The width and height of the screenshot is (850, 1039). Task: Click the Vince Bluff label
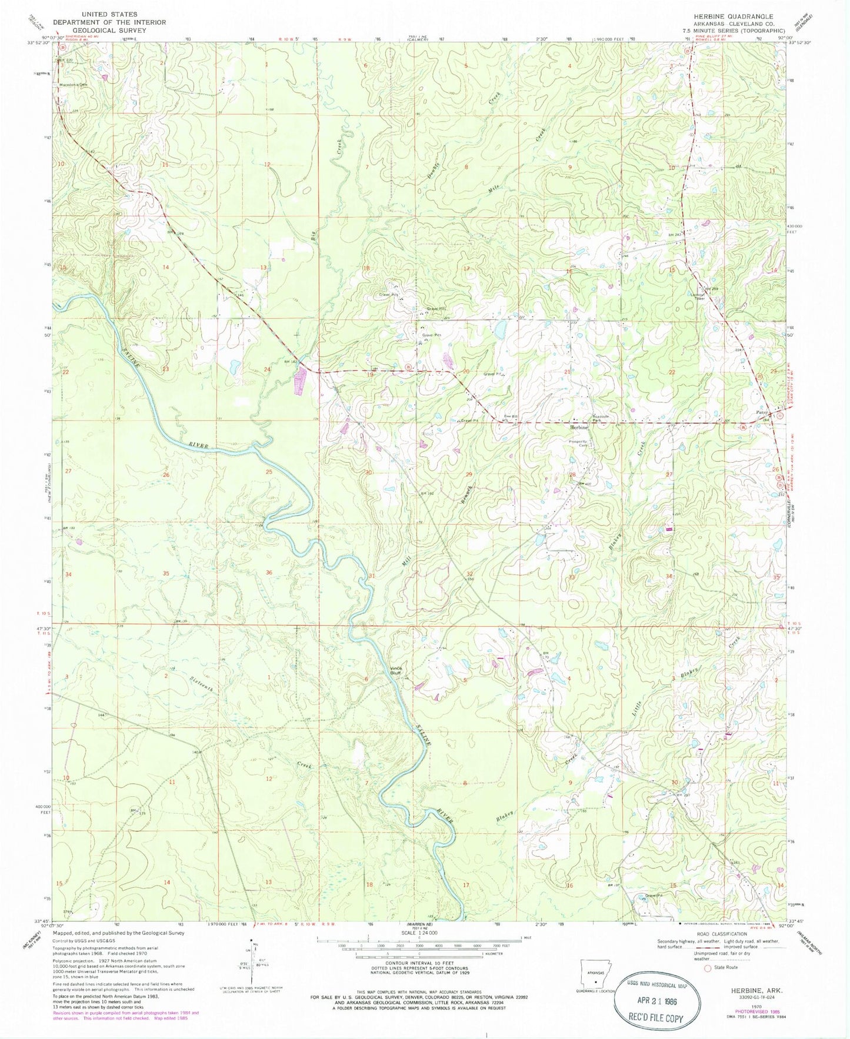click(399, 670)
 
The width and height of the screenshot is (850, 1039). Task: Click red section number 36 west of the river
click(269, 573)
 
